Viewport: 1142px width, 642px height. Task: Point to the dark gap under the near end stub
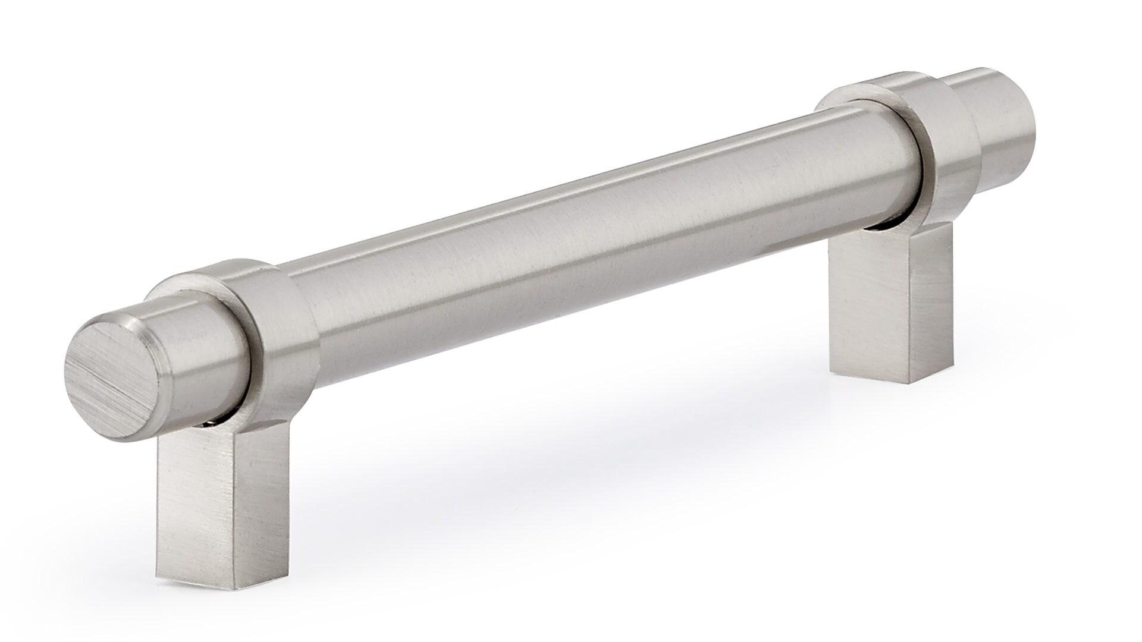point(208,423)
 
